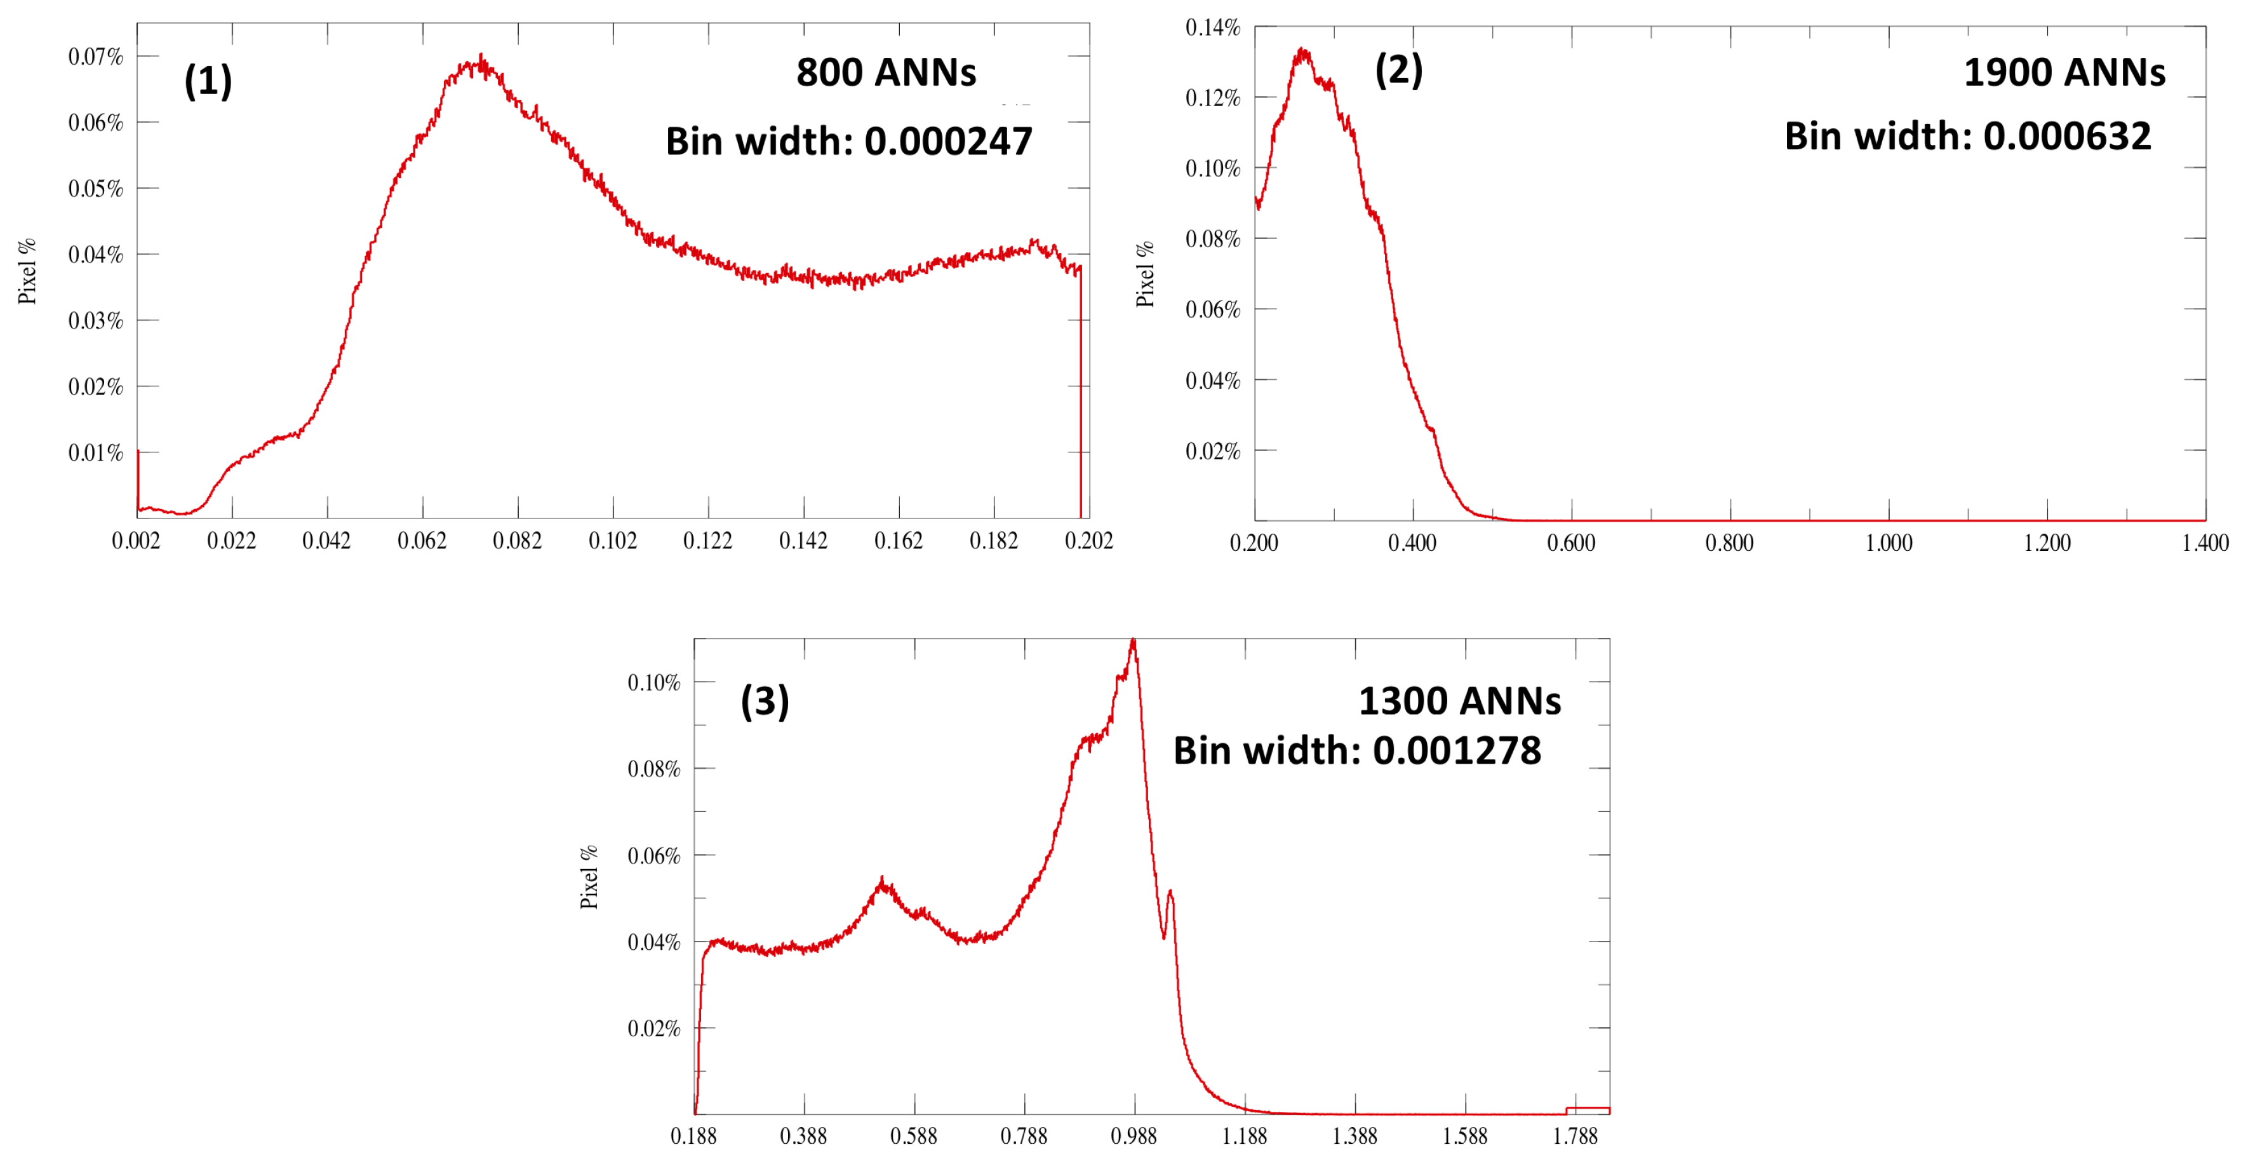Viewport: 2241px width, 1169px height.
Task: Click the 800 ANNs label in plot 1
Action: click(886, 72)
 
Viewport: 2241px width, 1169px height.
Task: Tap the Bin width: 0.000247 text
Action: click(848, 141)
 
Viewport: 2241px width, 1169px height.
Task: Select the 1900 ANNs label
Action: click(2064, 72)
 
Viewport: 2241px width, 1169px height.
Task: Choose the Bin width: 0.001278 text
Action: click(1356, 750)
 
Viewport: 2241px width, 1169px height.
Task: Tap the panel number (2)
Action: click(1398, 70)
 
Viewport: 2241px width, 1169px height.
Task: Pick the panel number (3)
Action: click(765, 701)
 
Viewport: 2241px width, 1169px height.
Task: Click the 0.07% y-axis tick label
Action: click(96, 57)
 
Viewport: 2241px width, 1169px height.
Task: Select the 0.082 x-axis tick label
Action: click(518, 541)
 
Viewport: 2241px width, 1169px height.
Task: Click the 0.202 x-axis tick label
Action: click(1088, 541)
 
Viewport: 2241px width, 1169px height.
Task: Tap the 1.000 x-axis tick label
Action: click(1889, 543)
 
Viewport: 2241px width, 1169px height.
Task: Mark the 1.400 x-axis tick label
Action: click(2204, 543)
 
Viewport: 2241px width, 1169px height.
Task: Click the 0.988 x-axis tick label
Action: click(1134, 1136)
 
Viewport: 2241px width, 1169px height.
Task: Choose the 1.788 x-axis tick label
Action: click(1575, 1136)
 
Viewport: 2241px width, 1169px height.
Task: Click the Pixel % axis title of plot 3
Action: click(589, 877)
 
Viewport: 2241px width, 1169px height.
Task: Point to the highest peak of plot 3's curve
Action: click(1133, 642)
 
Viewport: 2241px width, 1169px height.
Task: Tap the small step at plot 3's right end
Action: click(1587, 1108)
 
